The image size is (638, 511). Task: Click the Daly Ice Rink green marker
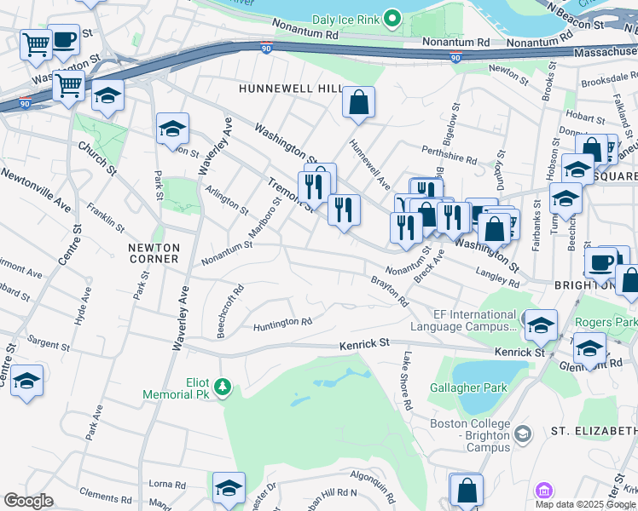pyautogui.click(x=391, y=17)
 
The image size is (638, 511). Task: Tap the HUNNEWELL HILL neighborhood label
pyautogui.click(x=291, y=89)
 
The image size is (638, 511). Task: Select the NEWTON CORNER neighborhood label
pyautogui.click(x=154, y=252)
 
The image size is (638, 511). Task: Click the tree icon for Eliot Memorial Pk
pyautogui.click(x=223, y=388)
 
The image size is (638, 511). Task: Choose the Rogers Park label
pyautogui.click(x=606, y=322)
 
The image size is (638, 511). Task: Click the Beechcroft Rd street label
pyautogui.click(x=230, y=312)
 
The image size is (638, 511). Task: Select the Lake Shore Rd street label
pyautogui.click(x=408, y=381)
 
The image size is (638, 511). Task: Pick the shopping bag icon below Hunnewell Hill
pyautogui.click(x=359, y=102)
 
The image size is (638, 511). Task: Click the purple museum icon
pyautogui.click(x=543, y=491)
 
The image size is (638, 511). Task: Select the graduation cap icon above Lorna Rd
pyautogui.click(x=229, y=488)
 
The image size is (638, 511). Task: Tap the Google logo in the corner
pyautogui.click(x=28, y=500)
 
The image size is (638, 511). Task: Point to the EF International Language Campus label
pyautogui.click(x=462, y=320)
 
